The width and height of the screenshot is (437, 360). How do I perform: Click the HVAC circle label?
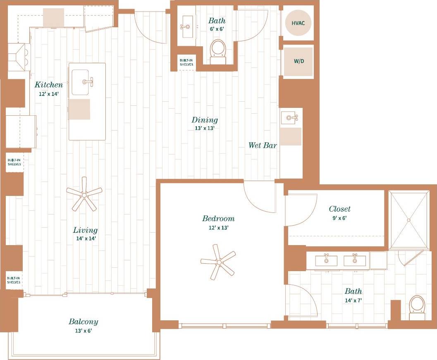298,23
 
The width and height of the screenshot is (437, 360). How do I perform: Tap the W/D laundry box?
298,61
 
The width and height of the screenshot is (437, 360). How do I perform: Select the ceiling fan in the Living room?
84,193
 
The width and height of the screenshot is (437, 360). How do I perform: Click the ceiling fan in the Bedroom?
218,262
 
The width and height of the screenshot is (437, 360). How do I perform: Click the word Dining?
205,120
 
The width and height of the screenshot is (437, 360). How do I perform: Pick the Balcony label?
84,322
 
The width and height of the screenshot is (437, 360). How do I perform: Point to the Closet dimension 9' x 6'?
338,218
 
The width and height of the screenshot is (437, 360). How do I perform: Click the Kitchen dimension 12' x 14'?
49,94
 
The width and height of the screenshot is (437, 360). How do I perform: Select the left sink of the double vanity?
326,260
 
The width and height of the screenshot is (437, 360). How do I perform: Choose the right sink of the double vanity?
355,260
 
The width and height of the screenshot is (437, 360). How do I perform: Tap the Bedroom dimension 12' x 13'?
218,227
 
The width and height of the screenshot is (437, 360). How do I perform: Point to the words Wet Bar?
263,145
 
